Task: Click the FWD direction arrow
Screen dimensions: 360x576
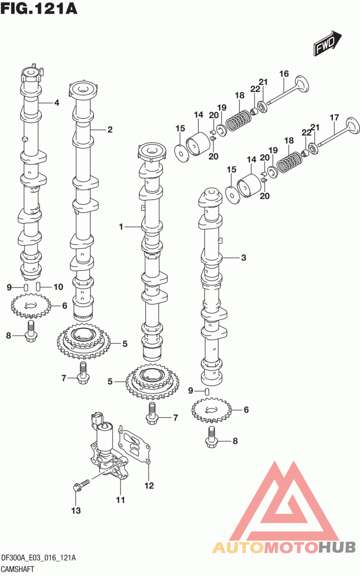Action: [x=327, y=43]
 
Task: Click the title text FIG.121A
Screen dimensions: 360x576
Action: [x=39, y=9]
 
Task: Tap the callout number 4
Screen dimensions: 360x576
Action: [x=57, y=103]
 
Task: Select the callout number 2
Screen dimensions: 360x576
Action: [x=110, y=130]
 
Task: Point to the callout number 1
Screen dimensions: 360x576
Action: [x=121, y=227]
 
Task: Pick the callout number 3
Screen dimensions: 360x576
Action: [x=243, y=258]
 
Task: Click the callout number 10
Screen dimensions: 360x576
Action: [x=58, y=287]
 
